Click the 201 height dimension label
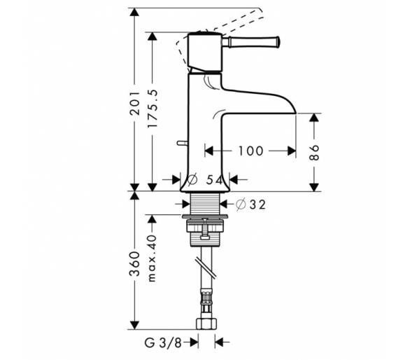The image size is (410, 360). pyautogui.click(x=135, y=104)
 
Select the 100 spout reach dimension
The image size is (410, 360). pyautogui.click(x=250, y=151)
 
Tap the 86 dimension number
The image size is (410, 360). pyautogui.click(x=314, y=152)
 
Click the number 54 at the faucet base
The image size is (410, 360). pyautogui.click(x=214, y=180)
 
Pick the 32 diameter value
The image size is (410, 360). pyautogui.click(x=257, y=205)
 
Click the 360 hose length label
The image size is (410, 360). pyautogui.click(x=135, y=264)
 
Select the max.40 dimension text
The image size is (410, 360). pyautogui.click(x=153, y=258)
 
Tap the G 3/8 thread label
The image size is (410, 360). pyautogui.click(x=163, y=342)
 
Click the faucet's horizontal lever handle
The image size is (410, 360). pyautogui.click(x=251, y=42)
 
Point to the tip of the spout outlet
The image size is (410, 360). pyautogui.click(x=296, y=113)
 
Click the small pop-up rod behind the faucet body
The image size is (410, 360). pyautogui.click(x=182, y=143)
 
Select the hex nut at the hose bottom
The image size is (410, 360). pyautogui.click(x=206, y=324)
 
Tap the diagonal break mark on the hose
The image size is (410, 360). pyautogui.click(x=206, y=268)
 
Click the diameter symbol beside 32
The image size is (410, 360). pyautogui.click(x=241, y=205)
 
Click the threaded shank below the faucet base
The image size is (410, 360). pyautogui.click(x=205, y=204)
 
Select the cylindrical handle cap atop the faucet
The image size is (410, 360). pyautogui.click(x=205, y=52)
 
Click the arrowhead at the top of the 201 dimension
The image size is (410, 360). pyautogui.click(x=134, y=13)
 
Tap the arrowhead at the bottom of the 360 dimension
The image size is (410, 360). pyautogui.click(x=134, y=325)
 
